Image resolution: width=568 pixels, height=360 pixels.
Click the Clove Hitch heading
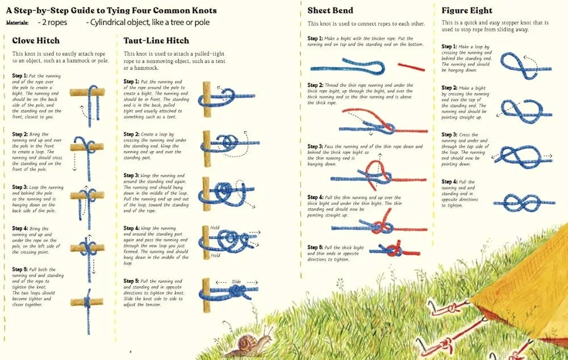[36, 40]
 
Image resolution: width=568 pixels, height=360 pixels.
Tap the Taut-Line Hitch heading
[156, 40]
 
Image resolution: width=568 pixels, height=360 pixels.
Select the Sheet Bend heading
[331, 10]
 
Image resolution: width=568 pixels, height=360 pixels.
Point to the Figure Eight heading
[467, 10]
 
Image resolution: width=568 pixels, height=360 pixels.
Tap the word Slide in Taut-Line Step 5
[236, 282]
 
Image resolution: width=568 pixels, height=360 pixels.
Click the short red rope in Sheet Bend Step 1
[411, 66]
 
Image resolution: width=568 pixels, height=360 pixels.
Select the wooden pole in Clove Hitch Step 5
[87, 302]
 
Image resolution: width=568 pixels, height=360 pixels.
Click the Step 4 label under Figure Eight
[449, 182]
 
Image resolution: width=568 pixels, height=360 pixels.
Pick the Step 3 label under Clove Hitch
[20, 187]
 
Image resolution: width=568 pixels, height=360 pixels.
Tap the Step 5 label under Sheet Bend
[315, 248]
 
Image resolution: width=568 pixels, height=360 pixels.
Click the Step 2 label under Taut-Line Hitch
[131, 134]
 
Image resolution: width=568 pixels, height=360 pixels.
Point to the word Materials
[17, 23]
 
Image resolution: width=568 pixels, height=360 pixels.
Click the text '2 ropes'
[52, 23]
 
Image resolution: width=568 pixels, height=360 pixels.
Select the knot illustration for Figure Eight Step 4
[524, 203]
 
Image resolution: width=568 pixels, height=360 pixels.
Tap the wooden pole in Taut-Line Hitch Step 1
[207, 99]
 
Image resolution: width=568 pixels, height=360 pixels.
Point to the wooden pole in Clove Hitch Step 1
[87, 92]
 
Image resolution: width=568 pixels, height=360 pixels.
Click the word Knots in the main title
[203, 10]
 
